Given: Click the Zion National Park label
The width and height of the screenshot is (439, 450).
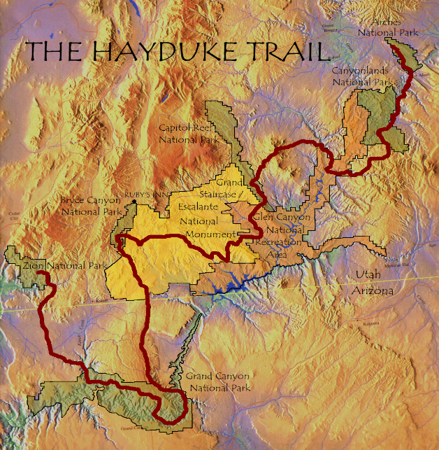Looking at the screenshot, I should point(55,266).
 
